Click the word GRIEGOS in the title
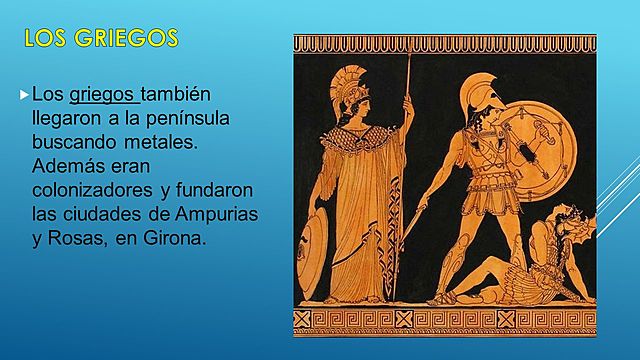(129, 39)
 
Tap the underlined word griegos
(102, 96)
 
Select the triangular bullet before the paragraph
(25, 96)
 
